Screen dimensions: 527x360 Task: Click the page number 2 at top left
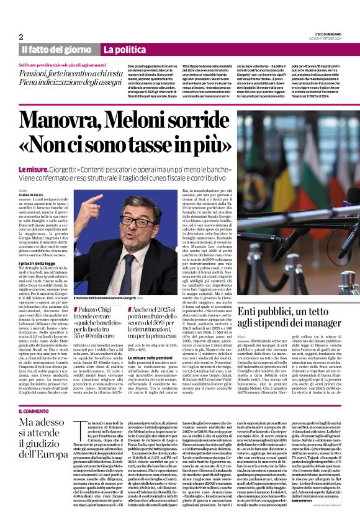click(20, 36)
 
